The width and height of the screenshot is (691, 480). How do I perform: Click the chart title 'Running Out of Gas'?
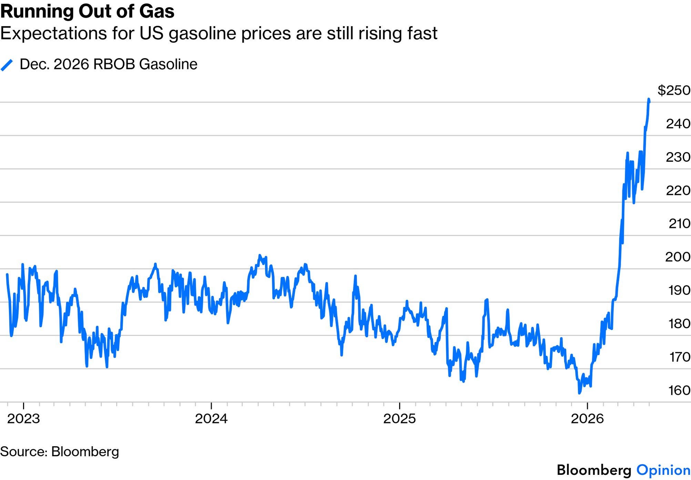(88, 11)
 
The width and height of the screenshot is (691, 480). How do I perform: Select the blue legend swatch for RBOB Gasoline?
(7, 65)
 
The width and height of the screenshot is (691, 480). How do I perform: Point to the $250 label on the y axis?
(674, 90)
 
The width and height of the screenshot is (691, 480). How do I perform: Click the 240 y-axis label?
(678, 123)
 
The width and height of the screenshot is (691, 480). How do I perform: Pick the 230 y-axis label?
(678, 157)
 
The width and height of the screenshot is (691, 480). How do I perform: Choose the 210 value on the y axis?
(679, 223)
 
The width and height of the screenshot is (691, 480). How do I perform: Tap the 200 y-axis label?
(678, 257)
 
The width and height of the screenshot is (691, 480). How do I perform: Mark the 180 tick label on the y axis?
(679, 323)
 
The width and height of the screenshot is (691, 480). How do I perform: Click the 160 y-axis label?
(679, 390)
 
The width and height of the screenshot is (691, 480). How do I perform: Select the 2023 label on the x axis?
(23, 419)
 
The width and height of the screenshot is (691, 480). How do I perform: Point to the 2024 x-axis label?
(211, 419)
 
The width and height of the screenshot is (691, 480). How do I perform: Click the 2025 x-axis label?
(399, 419)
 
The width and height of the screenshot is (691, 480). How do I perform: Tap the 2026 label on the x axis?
(587, 419)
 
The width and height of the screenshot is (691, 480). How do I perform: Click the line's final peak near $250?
(649, 99)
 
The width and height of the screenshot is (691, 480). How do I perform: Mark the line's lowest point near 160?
(579, 393)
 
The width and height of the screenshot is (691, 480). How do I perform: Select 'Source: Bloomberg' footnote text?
(59, 452)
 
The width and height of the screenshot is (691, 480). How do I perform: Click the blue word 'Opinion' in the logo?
(663, 470)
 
